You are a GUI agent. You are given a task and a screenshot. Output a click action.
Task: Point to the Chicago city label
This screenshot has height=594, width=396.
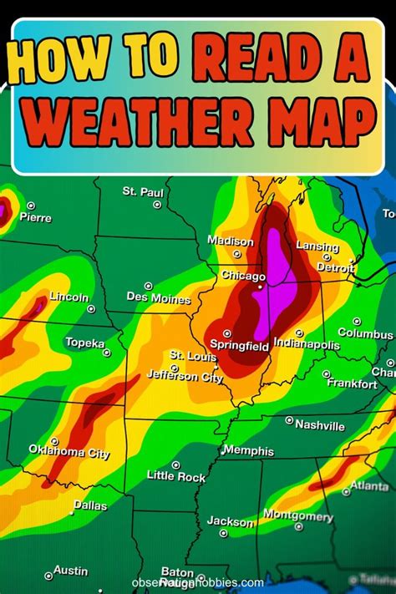click(243, 276)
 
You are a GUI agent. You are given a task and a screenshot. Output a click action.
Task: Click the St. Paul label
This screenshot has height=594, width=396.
click(143, 192)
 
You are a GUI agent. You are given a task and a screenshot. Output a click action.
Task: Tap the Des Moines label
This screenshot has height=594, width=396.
click(159, 297)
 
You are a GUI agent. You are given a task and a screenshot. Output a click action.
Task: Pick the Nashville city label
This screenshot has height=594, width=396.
click(320, 426)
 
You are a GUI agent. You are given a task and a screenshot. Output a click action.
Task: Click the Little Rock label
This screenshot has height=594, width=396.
click(175, 476)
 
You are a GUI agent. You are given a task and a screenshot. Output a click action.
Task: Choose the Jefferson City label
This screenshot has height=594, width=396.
click(185, 378)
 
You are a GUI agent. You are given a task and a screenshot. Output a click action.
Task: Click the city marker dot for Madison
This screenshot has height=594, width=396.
click(236, 253)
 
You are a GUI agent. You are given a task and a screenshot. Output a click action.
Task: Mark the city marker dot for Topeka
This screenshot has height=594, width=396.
click(107, 353)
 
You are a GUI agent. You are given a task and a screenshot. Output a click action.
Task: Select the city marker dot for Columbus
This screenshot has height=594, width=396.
click(357, 321)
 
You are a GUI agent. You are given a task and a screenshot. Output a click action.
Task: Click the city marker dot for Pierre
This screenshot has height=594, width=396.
click(31, 206)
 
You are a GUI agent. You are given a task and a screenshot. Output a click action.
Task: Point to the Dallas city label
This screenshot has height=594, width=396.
click(90, 505)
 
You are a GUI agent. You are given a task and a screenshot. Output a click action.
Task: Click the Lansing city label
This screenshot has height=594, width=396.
click(317, 247)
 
